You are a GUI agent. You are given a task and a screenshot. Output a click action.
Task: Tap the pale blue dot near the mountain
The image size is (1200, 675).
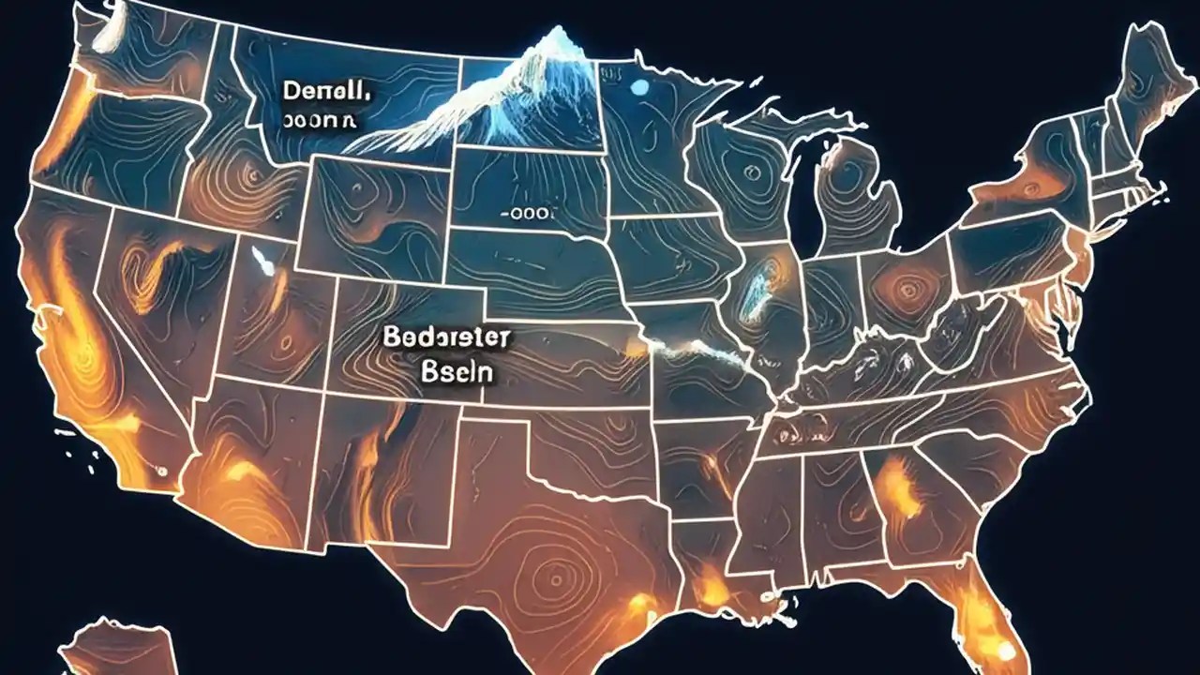click(640, 88)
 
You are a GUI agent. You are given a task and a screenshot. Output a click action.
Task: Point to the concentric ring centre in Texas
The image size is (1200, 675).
click(553, 571)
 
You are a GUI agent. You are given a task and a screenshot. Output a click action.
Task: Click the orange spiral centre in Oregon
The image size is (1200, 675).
click(247, 173)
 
